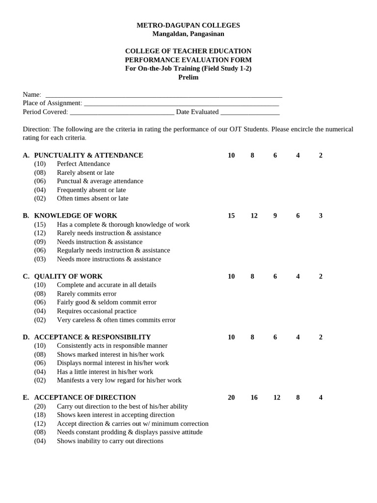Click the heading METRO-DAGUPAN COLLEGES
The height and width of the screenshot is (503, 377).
click(188, 25)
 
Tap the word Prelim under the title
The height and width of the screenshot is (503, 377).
click(188, 77)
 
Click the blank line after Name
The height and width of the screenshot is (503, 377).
click(163, 95)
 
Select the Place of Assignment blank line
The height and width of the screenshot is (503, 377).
click(181, 104)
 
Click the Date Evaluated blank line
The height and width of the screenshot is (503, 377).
click(250, 112)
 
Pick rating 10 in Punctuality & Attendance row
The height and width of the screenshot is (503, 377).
click(231, 155)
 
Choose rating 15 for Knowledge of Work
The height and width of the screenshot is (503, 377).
click(231, 216)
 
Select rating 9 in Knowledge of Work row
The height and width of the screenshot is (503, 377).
click(275, 216)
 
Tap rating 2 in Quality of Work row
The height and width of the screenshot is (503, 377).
click(321, 276)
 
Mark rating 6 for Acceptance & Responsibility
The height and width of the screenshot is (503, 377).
click(275, 337)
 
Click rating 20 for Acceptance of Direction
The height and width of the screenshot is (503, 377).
click(231, 397)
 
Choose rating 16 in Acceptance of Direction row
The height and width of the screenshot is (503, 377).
click(254, 397)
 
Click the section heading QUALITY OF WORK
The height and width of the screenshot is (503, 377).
click(68, 276)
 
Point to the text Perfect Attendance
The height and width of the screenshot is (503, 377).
click(83, 164)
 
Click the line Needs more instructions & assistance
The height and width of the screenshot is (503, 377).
click(109, 259)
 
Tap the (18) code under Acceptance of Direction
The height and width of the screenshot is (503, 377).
click(40, 415)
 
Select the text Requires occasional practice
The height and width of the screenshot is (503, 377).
click(97, 311)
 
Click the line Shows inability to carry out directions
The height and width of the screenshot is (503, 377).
click(110, 441)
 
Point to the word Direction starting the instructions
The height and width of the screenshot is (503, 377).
click(36, 129)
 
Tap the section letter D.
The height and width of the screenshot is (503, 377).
click(26, 337)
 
